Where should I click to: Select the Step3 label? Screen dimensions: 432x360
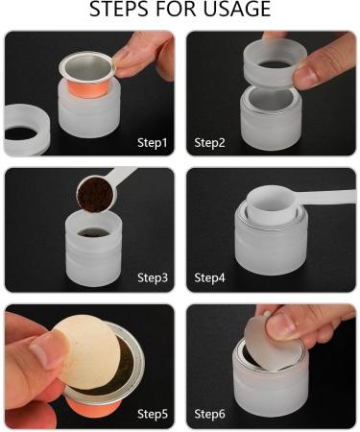point(151,278)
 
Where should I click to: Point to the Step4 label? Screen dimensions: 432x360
point(211,278)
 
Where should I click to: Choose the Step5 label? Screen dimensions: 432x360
point(151,414)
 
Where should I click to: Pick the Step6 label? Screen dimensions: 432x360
point(211,414)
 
